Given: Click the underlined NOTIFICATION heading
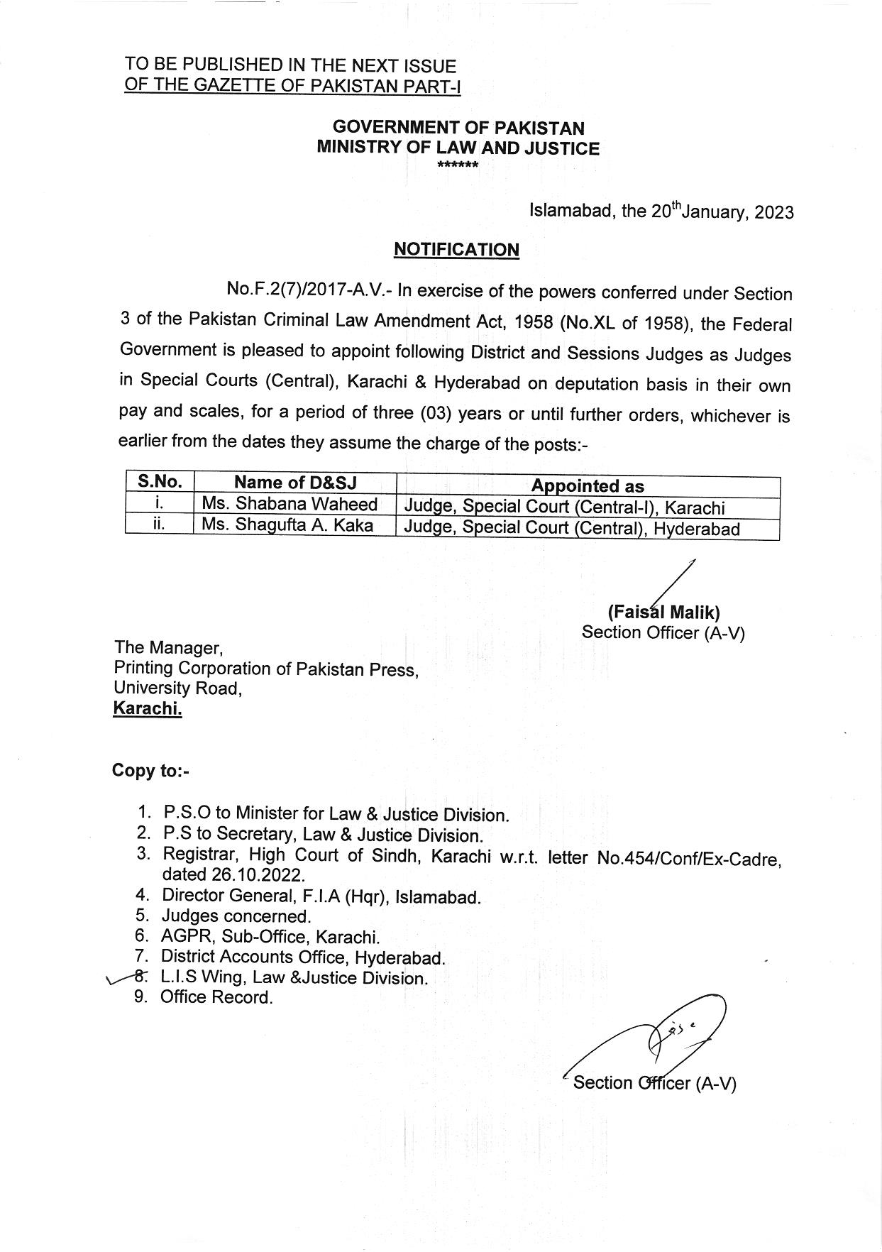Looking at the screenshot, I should [456, 250].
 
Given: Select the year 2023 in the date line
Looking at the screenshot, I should [774, 213].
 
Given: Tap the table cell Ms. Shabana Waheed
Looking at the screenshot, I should [290, 505].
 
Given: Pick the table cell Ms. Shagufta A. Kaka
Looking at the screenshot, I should [287, 525].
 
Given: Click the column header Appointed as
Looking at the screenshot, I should [588, 486].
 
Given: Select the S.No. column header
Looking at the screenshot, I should [160, 482].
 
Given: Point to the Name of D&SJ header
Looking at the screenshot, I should [295, 483].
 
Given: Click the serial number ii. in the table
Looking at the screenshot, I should [160, 525].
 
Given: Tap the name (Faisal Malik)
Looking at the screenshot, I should [663, 612].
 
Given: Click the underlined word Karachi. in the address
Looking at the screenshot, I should [148, 708].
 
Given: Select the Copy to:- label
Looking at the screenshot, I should [150, 771].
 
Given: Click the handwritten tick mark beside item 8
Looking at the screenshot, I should [117, 981].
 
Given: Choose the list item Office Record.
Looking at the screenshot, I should [216, 997].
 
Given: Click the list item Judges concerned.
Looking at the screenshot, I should [236, 916].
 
